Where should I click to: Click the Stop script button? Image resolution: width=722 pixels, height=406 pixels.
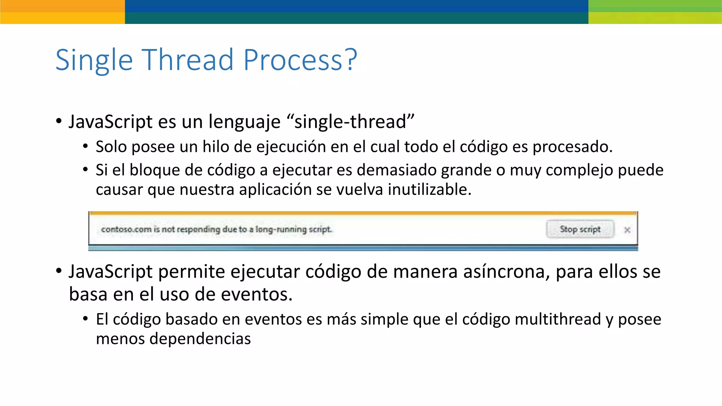580,229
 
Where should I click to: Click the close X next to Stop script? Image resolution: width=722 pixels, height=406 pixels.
627,230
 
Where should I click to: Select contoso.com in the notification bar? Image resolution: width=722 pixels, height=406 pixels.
126,229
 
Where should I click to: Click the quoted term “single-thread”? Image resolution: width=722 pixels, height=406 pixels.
350,122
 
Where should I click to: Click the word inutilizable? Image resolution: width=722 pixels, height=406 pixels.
429,190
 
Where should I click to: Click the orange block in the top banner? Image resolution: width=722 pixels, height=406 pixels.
62,12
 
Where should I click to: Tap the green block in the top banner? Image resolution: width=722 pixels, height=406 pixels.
655,12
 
